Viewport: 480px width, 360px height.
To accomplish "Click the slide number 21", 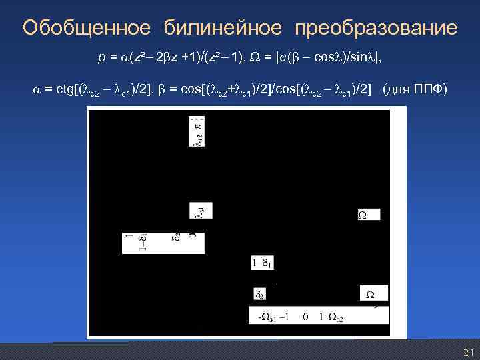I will coord(468,352).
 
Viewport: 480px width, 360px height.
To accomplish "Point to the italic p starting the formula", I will coord(101,59).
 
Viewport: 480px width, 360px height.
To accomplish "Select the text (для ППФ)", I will coord(415,90).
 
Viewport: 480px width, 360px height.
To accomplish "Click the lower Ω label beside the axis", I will coord(370,293).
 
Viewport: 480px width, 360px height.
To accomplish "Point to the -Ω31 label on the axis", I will coord(269,317).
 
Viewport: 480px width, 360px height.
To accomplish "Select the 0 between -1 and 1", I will coord(305,317).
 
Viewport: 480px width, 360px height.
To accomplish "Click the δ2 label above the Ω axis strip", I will coord(259,294).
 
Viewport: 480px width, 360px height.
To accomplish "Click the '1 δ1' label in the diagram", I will coord(261,263).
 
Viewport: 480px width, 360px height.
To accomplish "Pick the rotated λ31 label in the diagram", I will coord(198,211).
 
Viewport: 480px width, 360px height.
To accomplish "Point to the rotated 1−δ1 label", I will coord(133,242).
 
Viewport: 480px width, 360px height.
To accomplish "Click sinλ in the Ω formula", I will coord(350,59).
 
